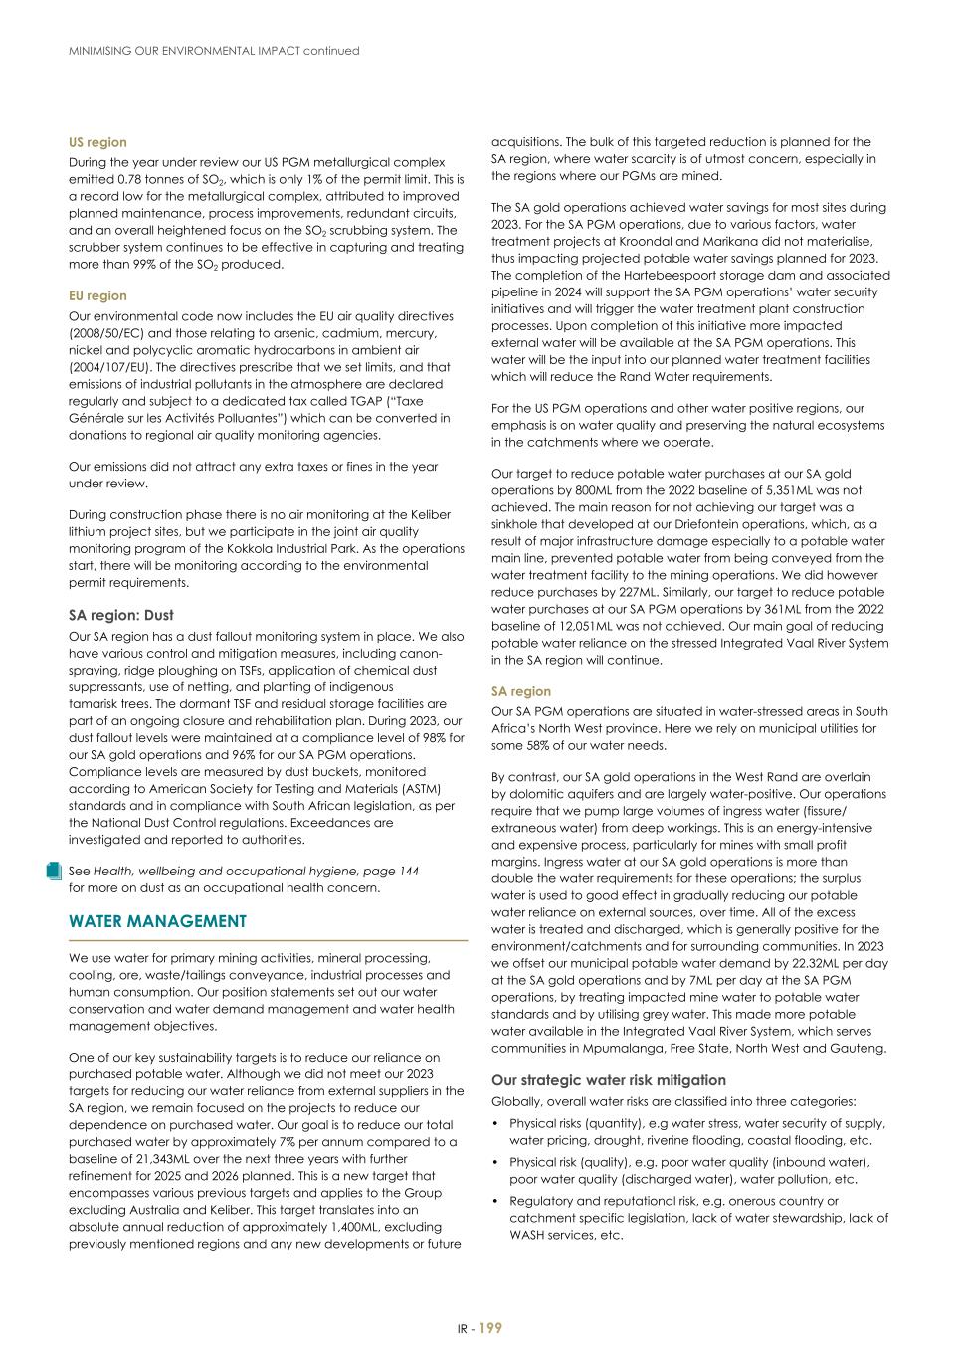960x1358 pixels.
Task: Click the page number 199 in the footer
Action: point(490,1328)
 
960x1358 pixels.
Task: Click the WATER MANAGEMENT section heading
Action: point(157,921)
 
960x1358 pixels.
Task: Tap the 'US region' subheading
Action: point(97,142)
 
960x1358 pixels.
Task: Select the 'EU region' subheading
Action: point(97,295)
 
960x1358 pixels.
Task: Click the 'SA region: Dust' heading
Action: point(120,615)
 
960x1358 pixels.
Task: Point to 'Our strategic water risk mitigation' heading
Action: point(608,1080)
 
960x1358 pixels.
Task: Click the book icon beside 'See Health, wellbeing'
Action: point(54,872)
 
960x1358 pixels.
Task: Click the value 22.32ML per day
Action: point(810,963)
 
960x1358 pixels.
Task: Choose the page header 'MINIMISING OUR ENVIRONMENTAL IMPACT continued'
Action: point(214,50)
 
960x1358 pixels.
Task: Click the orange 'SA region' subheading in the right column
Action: point(520,691)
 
